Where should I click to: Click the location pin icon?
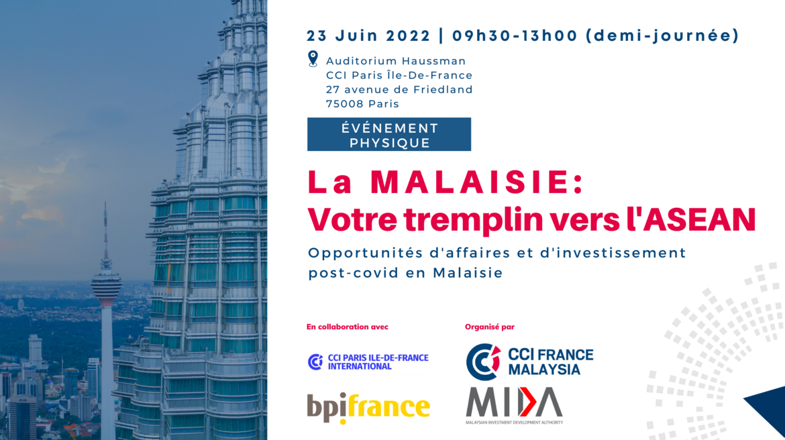click(x=313, y=58)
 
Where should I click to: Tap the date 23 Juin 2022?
click(x=368, y=36)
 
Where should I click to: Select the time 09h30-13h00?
click(x=515, y=36)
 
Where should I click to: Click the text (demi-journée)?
click(x=662, y=36)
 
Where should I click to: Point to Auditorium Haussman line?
click(x=396, y=61)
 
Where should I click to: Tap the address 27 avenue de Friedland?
click(x=399, y=90)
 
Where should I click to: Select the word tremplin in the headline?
click(x=473, y=220)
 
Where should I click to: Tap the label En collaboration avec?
click(x=348, y=327)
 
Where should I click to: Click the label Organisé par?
click(x=490, y=327)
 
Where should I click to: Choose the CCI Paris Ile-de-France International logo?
click(x=368, y=362)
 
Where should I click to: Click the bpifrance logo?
click(x=368, y=407)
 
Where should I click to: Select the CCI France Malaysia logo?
click(x=529, y=362)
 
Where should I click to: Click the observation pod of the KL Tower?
click(x=106, y=284)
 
